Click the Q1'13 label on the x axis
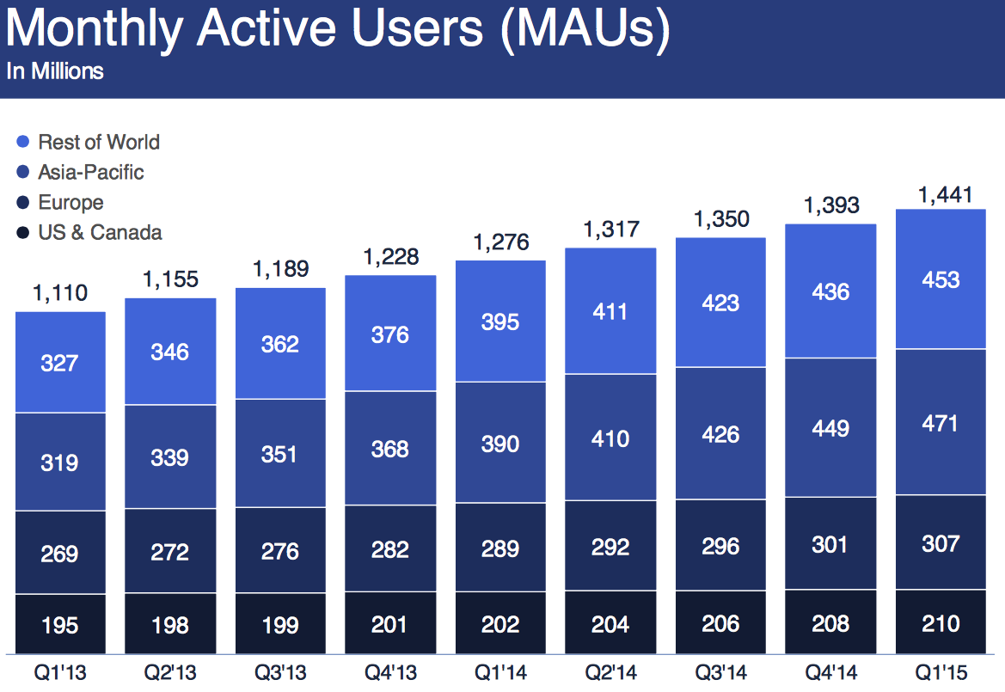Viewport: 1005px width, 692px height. (60, 671)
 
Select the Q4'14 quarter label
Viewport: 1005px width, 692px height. (830, 671)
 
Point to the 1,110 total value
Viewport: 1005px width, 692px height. (60, 293)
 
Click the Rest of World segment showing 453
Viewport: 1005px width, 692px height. (940, 280)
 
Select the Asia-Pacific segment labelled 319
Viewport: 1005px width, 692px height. (60, 462)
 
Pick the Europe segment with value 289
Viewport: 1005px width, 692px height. (500, 548)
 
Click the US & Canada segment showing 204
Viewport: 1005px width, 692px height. (610, 624)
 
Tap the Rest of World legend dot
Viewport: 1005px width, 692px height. (23, 142)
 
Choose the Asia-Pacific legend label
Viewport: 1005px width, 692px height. (91, 172)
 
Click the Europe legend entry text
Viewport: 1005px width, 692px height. (70, 203)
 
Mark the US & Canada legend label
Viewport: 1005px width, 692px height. (100, 232)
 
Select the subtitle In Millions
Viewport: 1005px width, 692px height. (55, 71)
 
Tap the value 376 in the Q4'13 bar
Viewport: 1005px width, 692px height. (390, 334)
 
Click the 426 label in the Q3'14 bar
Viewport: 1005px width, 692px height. (720, 434)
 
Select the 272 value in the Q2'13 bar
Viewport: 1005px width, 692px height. (170, 551)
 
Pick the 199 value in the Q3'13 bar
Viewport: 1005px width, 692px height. (280, 625)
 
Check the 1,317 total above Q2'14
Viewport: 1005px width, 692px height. (610, 230)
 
